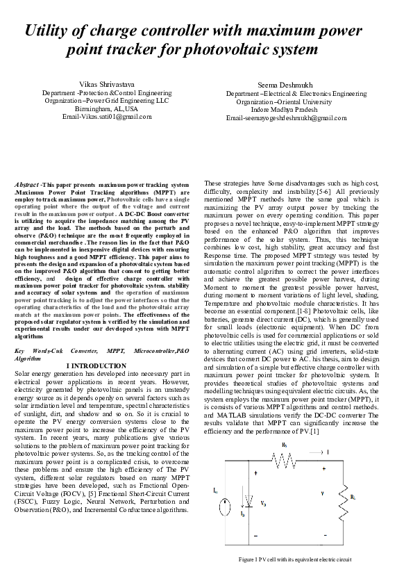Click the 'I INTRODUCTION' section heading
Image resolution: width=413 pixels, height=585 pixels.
(96, 365)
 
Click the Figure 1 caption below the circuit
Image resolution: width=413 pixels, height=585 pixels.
(295, 559)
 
